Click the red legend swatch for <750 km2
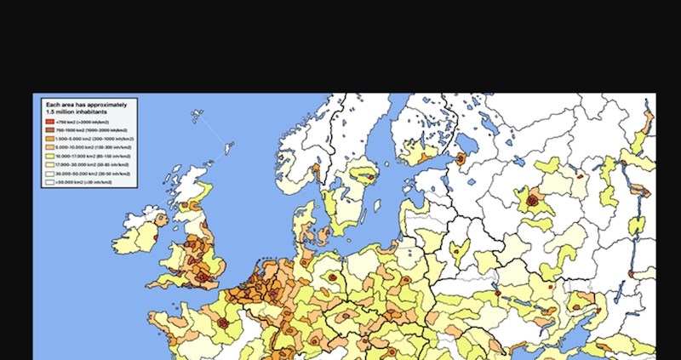pyautogui.click(x=49, y=123)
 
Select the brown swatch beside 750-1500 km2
pyautogui.click(x=49, y=131)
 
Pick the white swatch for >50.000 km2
pyautogui.click(x=49, y=181)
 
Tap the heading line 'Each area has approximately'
pyautogui.click(x=86, y=103)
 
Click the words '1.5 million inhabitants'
pyautogui.click(x=77, y=111)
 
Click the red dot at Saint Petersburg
pyautogui.click(x=461, y=158)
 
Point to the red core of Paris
pyautogui.click(x=225, y=323)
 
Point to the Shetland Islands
pyautogui.click(x=228, y=150)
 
